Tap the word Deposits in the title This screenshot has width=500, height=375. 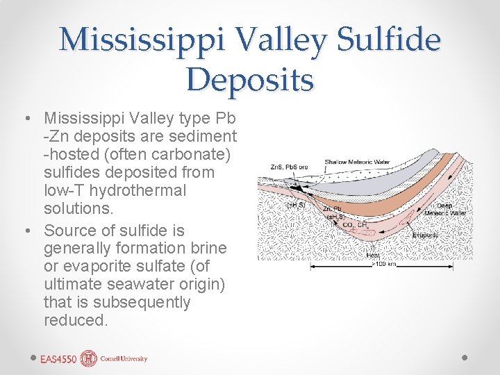(x=250, y=78)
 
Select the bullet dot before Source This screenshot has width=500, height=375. (x=26, y=231)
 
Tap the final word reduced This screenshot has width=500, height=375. (x=75, y=321)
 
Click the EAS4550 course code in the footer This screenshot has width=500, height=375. (x=58, y=359)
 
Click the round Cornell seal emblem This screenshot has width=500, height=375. (x=89, y=358)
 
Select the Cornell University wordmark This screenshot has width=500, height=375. (x=124, y=359)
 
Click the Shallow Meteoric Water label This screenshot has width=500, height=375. (x=358, y=162)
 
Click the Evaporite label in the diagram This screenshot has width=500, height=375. (x=425, y=235)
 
